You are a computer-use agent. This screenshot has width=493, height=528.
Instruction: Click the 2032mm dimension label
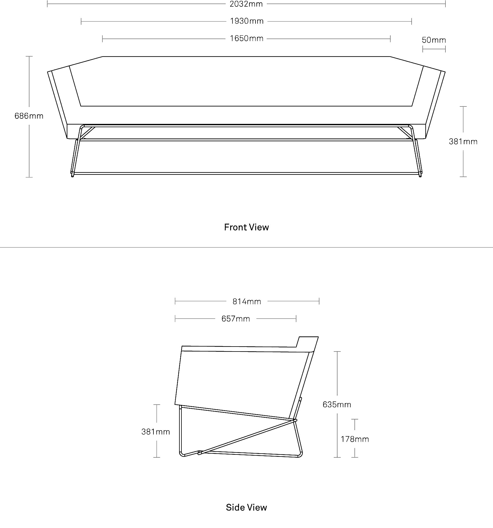pos(246,4)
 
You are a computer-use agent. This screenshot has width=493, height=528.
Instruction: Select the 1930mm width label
pos(247,21)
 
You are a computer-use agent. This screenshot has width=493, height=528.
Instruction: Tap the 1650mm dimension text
pos(246,39)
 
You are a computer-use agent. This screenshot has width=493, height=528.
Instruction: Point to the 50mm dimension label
pos(434,40)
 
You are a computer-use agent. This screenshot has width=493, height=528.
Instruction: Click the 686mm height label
pos(29,116)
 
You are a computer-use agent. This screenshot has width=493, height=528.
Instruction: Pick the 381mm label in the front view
pos(463,142)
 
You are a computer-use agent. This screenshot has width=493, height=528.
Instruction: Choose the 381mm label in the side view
pos(155,432)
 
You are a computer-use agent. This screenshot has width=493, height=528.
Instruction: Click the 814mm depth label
pos(247,301)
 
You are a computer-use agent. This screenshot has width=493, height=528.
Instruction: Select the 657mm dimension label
pos(236,319)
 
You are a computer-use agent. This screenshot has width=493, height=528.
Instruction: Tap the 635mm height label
pos(337,405)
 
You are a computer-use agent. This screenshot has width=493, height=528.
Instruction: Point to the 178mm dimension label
pos(355,439)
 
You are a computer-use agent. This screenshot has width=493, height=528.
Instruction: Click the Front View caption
pos(246,227)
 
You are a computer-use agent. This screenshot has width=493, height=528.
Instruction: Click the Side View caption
pos(246,508)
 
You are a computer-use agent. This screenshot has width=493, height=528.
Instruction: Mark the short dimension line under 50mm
pos(434,49)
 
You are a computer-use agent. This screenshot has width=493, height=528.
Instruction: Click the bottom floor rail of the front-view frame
pos(246,174)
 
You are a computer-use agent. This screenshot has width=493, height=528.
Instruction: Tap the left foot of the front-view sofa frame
pos(72,175)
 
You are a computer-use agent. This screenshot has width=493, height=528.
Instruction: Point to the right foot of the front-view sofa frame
pos(420,175)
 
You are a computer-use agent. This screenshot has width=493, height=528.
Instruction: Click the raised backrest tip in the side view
pos(318,337)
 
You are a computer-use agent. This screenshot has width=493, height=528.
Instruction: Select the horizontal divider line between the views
pos(246,248)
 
